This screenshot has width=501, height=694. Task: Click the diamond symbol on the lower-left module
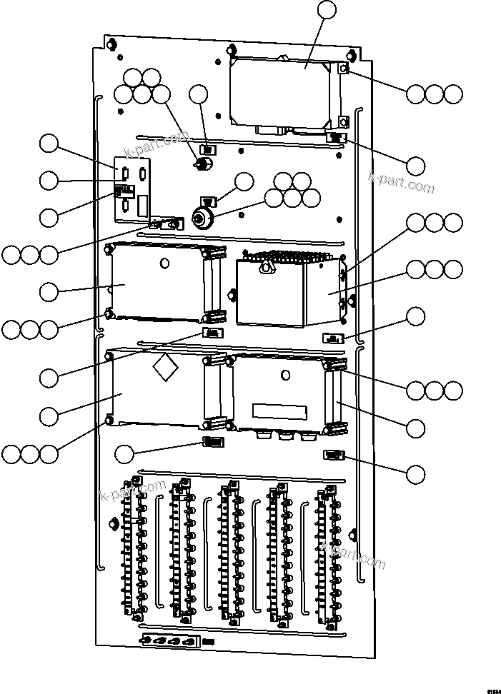[x=165, y=368]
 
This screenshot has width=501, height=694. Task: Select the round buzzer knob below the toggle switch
[x=203, y=218]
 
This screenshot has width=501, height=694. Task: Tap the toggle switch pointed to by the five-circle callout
[x=202, y=165]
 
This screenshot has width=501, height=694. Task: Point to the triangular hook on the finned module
[x=267, y=267]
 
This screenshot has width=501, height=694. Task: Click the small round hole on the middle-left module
[x=165, y=263]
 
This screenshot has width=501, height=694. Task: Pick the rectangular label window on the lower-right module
[x=280, y=411]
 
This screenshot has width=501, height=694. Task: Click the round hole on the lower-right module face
[x=285, y=375]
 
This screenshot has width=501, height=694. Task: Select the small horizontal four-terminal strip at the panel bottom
[x=169, y=640]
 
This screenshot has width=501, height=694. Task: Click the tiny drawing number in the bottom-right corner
[x=493, y=690]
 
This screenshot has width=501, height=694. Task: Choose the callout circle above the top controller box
[x=326, y=10]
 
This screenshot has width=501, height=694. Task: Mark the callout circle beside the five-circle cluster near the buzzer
[x=244, y=181]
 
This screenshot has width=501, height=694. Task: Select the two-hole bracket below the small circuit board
[x=165, y=224]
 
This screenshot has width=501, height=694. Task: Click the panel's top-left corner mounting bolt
[x=110, y=44]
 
